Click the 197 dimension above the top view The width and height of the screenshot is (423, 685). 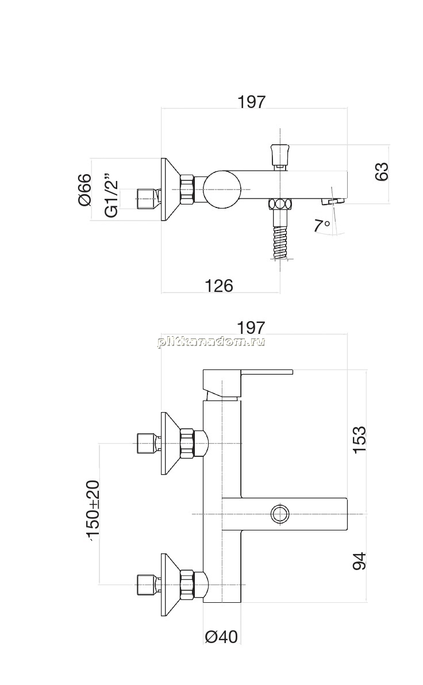[x=251, y=102]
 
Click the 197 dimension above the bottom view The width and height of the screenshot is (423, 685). [x=251, y=327]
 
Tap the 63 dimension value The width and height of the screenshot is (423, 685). [x=381, y=171]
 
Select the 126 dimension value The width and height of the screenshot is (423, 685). [x=219, y=286]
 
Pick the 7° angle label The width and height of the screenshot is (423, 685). [x=321, y=225]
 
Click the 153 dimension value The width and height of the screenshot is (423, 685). [x=359, y=440]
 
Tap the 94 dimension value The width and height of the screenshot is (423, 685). [x=359, y=561]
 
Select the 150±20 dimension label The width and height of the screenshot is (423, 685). [x=93, y=510]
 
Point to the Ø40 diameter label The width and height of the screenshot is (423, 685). [x=221, y=637]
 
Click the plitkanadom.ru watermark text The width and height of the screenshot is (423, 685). [x=211, y=341]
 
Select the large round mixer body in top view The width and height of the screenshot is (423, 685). [x=222, y=189]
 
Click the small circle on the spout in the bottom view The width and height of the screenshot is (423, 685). [x=280, y=513]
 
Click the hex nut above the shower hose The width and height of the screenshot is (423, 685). [x=280, y=205]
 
